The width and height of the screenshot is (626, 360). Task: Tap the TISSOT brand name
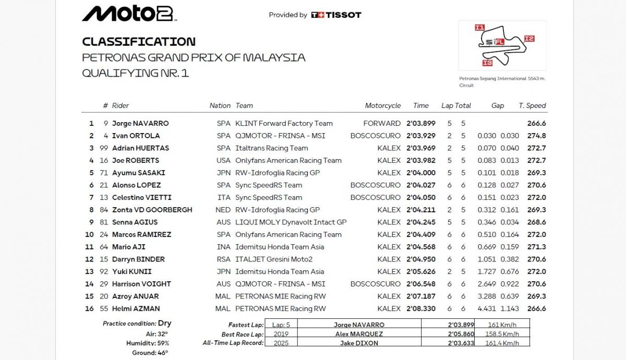[x=343, y=15]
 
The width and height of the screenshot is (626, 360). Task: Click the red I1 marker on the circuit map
[x=479, y=28]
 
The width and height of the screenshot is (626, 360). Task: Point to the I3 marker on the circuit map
[x=487, y=63]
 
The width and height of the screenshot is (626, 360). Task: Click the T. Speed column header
[x=532, y=105]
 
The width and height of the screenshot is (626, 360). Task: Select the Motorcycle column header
[x=383, y=105]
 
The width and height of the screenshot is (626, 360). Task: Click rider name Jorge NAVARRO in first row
[x=140, y=124]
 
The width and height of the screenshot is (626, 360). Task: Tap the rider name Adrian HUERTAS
[x=140, y=148]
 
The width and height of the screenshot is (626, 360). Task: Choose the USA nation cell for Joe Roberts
[x=223, y=161]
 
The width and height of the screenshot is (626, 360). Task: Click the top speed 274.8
[x=537, y=136]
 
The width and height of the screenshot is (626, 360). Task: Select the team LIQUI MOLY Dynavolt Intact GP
[x=291, y=222]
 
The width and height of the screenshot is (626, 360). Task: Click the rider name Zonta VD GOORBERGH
[x=152, y=210]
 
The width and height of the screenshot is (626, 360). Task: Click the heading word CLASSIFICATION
[x=139, y=42]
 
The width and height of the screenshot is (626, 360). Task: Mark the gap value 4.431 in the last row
[x=487, y=309]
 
